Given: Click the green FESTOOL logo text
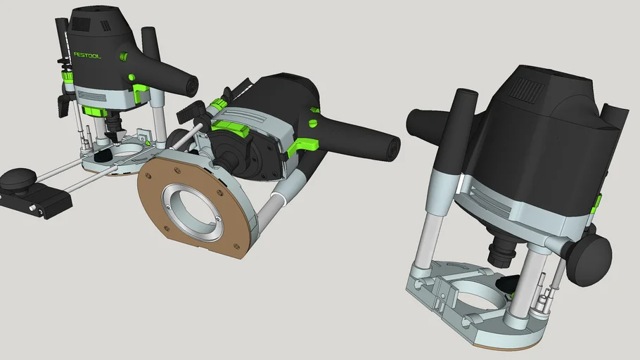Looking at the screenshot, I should point(87,54).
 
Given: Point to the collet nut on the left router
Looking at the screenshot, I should point(113,127).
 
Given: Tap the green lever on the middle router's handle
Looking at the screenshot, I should point(300,146).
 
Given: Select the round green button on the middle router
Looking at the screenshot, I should point(312,124).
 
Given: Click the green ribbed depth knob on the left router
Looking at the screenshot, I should point(68,76).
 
